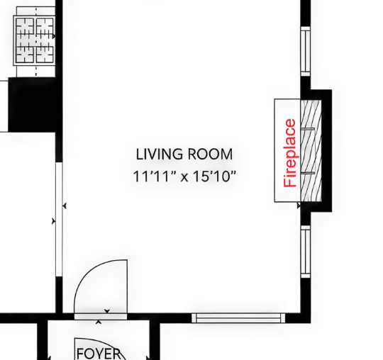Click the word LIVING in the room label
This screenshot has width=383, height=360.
(x=159, y=154)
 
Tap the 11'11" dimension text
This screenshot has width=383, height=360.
(x=155, y=176)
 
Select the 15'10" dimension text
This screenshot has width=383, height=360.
(x=215, y=176)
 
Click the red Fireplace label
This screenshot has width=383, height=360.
(x=290, y=153)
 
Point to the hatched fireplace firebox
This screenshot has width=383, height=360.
(x=311, y=150)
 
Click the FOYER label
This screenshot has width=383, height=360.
(x=99, y=353)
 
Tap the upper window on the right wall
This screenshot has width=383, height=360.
(x=305, y=51)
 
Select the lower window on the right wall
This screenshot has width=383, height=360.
(x=305, y=252)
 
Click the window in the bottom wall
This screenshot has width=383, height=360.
(x=238, y=318)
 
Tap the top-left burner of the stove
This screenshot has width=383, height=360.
(x=25, y=27)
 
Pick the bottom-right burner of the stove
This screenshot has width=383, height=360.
(x=45, y=54)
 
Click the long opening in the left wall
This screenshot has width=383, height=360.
(x=59, y=220)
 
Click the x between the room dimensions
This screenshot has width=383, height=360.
(x=184, y=177)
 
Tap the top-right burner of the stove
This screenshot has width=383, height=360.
(x=45, y=27)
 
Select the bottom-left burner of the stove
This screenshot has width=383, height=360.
(x=25, y=54)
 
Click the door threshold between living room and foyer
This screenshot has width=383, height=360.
(x=101, y=317)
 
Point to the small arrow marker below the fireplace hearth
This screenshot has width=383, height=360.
(x=299, y=206)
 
